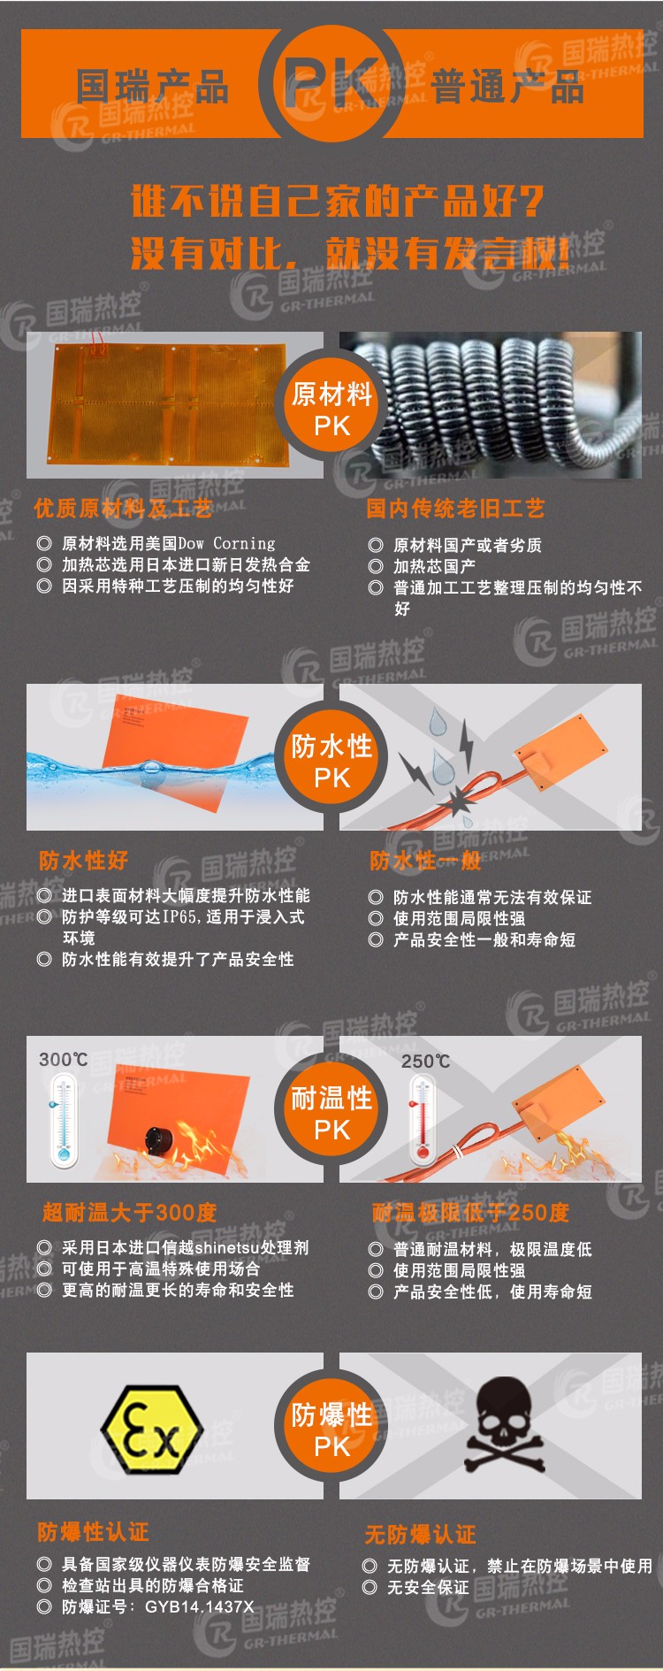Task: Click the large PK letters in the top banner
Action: tap(331, 84)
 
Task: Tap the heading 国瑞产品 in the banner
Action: tap(152, 87)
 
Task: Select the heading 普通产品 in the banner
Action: tap(507, 87)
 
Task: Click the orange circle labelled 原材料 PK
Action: tap(331, 408)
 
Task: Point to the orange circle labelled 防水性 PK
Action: tap(331, 760)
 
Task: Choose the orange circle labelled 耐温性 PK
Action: tap(331, 1112)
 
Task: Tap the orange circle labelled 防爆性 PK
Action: tap(331, 1429)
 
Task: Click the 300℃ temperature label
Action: tap(64, 1059)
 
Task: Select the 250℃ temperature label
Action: tap(426, 1061)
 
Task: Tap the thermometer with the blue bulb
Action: tap(63, 1118)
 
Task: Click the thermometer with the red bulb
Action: tap(423, 1119)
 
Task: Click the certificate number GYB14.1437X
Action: tap(199, 1606)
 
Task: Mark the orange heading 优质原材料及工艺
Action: tap(123, 508)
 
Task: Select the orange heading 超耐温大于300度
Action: tap(129, 1212)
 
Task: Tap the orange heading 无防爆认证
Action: tap(420, 1533)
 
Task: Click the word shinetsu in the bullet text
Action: tap(226, 1247)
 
